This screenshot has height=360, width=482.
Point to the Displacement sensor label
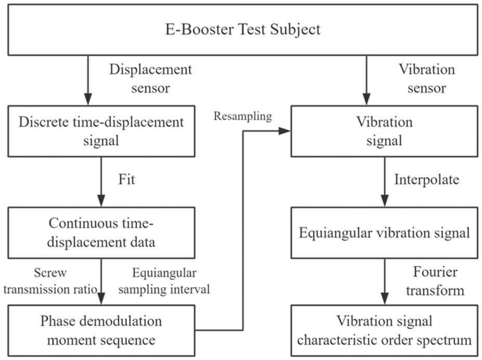pyautogui.click(x=151, y=78)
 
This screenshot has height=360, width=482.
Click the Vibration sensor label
pyautogui.click(x=427, y=78)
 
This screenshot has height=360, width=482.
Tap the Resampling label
pyautogui.click(x=243, y=116)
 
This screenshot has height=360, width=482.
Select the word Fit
pyautogui.click(x=127, y=179)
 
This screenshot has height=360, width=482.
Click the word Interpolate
pyautogui.click(x=427, y=180)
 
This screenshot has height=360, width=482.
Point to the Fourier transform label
pyautogui.click(x=435, y=281)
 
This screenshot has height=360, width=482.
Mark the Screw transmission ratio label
pyautogui.click(x=50, y=281)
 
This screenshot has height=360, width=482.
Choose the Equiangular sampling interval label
pyautogui.click(x=164, y=281)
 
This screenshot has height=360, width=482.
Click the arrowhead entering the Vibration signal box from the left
pyautogui.click(x=284, y=131)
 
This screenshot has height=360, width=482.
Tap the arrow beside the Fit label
pyautogui.click(x=101, y=182)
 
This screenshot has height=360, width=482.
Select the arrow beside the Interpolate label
pyautogui.click(x=385, y=182)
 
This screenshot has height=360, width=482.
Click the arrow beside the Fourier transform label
pyautogui.click(x=385, y=282)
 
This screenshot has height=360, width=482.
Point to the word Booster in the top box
pyautogui.click(x=207, y=30)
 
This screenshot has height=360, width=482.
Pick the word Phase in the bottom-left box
pyautogui.click(x=58, y=321)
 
